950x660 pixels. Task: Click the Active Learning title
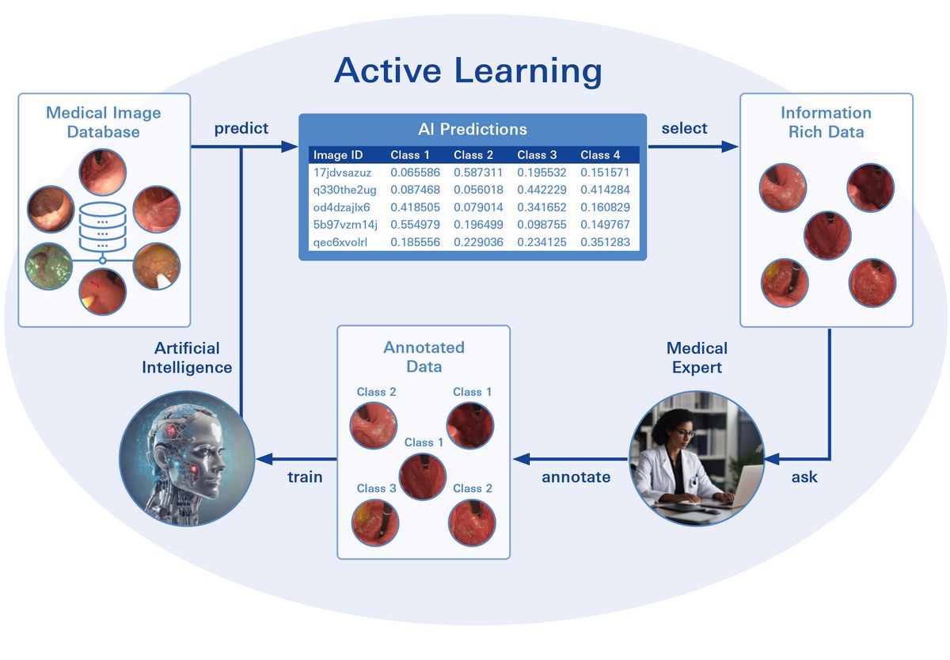pos(468,70)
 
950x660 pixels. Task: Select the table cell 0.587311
pos(478,173)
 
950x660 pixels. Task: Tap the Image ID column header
pos(338,155)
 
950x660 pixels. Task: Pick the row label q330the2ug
pos(345,190)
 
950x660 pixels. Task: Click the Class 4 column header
pos(600,155)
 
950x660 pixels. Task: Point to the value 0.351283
pos(605,242)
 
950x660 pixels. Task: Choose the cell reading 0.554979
pos(415,225)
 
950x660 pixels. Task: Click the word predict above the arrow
pos(241,128)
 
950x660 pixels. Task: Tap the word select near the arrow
pos(684,128)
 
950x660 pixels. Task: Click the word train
pos(305,477)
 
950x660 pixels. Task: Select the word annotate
pos(576,477)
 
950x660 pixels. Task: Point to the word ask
pos(804,477)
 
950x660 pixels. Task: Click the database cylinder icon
pos(103,228)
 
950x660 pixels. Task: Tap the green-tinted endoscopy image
pos(49,266)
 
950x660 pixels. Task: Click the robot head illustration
pos(187,459)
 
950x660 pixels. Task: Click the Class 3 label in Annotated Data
pos(376,488)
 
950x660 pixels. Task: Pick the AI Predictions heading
pos(473,129)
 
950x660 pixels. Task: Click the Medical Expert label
pos(697,358)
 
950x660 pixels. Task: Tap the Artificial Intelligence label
pos(187,358)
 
